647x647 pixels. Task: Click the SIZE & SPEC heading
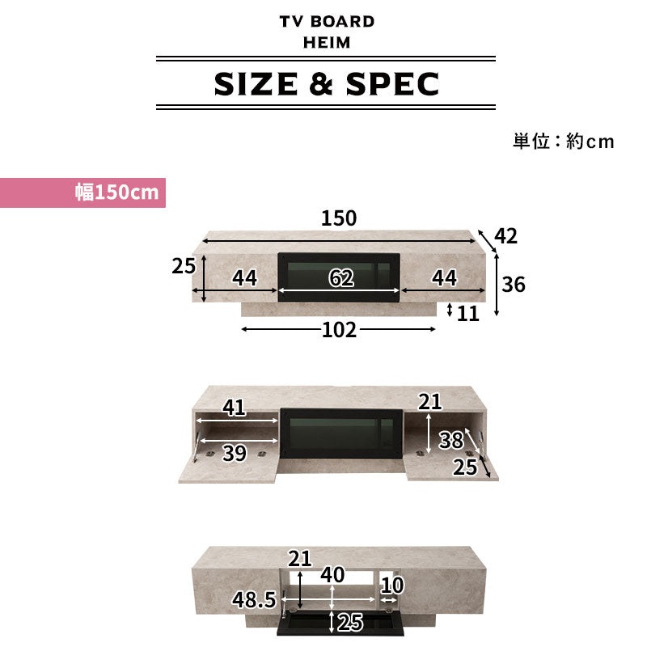pyautogui.click(x=326, y=83)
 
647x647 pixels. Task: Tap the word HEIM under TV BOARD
pyautogui.click(x=327, y=42)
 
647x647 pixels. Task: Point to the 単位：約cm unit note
pyautogui.click(x=563, y=142)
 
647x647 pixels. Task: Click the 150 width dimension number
pyautogui.click(x=339, y=218)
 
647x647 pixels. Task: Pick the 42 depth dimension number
pyautogui.click(x=505, y=236)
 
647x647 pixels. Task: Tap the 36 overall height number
pyautogui.click(x=514, y=285)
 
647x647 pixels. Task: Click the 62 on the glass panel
pyautogui.click(x=341, y=278)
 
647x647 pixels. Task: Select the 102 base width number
pyautogui.click(x=339, y=330)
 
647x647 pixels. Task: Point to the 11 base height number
pyautogui.click(x=468, y=313)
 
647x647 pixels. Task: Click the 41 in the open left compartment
pyautogui.click(x=234, y=408)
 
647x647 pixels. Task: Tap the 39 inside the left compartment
pyautogui.click(x=234, y=454)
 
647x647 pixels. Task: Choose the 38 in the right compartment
pyautogui.click(x=450, y=440)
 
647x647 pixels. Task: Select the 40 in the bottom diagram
pyautogui.click(x=332, y=575)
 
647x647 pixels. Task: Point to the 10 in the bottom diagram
pyautogui.click(x=392, y=583)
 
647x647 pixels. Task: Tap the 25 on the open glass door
pyautogui.click(x=350, y=623)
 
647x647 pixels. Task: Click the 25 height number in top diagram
pyautogui.click(x=184, y=265)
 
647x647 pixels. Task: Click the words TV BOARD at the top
pyautogui.click(x=327, y=22)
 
